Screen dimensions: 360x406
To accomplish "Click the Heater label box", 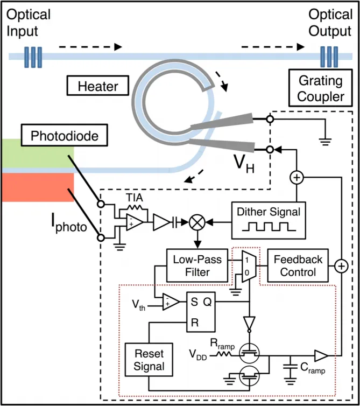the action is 98,86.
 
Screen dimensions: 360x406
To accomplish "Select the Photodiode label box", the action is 65,135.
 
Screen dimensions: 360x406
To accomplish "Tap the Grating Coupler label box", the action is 321,88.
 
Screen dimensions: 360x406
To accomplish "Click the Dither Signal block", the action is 269,220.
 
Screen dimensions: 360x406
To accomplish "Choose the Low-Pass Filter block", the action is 197,265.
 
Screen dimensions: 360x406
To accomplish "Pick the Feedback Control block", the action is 298,265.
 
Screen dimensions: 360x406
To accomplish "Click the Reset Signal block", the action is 149,360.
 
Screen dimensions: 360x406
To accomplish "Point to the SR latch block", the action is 201,312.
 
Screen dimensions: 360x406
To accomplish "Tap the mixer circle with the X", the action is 197,222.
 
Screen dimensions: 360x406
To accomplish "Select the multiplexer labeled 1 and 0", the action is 249,267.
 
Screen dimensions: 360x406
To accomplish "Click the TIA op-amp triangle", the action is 135,222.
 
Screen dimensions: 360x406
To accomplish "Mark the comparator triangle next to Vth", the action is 171,302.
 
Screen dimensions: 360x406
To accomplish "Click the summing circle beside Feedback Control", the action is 341,266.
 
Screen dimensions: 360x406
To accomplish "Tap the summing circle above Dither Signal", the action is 297,178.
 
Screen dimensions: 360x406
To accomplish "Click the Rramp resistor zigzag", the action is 223,354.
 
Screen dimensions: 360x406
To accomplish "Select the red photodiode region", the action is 38,187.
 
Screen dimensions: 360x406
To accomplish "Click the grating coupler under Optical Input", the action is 33,57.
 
